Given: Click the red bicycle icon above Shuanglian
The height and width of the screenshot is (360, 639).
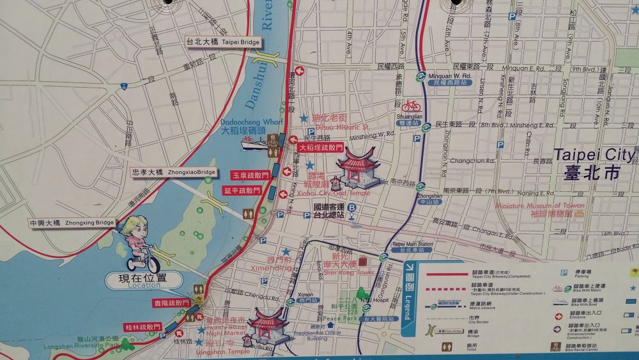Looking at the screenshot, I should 411,106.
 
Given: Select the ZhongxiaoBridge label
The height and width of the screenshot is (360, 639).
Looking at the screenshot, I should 173,173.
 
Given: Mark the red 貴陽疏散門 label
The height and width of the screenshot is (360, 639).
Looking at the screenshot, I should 171,302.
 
